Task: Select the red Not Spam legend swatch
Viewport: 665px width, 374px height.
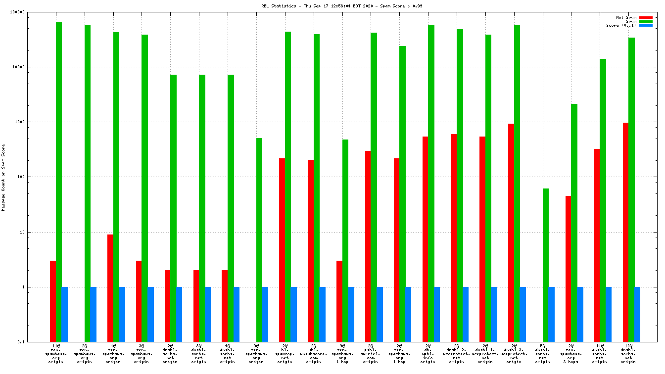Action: (646, 17)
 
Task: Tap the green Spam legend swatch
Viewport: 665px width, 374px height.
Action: (646, 21)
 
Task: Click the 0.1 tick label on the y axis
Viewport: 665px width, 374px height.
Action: (34, 342)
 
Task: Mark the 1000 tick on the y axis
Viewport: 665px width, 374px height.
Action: (32, 122)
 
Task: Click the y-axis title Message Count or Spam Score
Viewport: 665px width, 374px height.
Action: (3, 177)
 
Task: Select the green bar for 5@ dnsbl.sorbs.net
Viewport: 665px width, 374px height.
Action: (545, 265)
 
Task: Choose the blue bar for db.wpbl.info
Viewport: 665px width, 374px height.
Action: (437, 314)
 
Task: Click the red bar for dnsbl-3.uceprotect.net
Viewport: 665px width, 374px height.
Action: (511, 233)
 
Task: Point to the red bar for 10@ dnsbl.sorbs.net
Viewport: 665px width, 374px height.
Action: (625, 232)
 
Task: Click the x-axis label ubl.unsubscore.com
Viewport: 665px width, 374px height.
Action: (313, 354)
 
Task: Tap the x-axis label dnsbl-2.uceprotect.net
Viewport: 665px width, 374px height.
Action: (456, 354)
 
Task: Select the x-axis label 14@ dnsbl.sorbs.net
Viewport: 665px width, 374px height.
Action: (599, 354)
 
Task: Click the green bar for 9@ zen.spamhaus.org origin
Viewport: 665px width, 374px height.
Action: (259, 240)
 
